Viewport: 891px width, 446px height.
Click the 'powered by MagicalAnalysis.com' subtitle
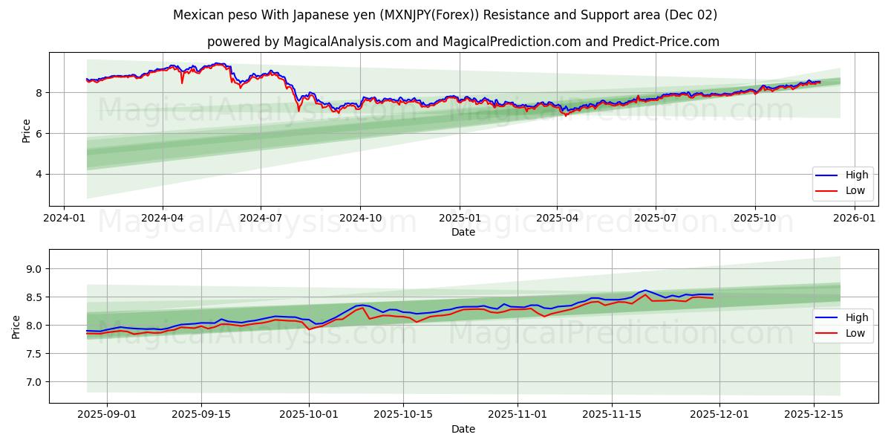pyautogui.click(x=463, y=42)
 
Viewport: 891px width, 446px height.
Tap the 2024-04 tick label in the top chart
pyautogui.click(x=162, y=218)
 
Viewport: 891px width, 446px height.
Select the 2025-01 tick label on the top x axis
pyautogui.click(x=459, y=218)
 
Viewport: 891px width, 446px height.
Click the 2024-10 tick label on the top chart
pyautogui.click(x=360, y=218)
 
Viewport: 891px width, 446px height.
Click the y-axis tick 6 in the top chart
pyautogui.click(x=39, y=134)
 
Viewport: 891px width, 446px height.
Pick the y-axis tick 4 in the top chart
pyautogui.click(x=39, y=175)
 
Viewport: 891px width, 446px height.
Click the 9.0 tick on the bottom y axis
pyautogui.click(x=33, y=269)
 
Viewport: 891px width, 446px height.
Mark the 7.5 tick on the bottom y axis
pyautogui.click(x=33, y=354)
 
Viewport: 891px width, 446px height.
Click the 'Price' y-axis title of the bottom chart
pyautogui.click(x=16, y=326)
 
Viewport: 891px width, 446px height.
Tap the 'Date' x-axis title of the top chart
pyautogui.click(x=463, y=232)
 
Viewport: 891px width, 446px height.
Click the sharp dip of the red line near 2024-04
pyautogui.click(x=182, y=83)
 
